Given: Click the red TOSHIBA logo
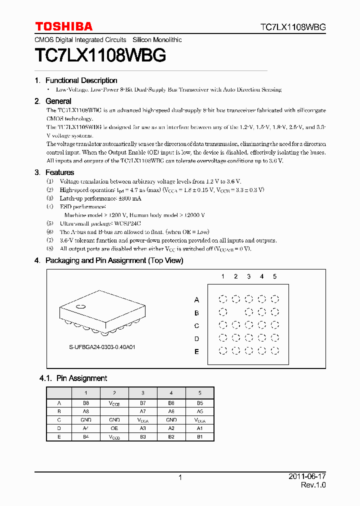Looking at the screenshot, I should click(63, 26).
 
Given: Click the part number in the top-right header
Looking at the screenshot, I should click(293, 27).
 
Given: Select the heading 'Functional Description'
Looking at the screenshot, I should click(81, 80).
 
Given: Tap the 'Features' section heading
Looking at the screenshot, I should click(59, 172).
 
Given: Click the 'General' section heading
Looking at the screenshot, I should click(58, 101).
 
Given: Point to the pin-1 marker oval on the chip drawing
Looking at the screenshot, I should click(80, 306).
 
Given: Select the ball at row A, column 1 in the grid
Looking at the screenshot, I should click(223, 299).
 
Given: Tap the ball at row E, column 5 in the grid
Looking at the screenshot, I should click(274, 351).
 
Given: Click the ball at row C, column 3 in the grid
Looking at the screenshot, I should click(248, 325).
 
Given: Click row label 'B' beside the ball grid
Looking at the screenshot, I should click(196, 313).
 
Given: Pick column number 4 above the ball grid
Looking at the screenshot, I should click(261, 276).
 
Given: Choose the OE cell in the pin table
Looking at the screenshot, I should click(114, 428).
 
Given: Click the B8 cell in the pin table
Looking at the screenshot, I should click(85, 402).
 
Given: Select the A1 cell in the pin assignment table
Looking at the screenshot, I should click(199, 428).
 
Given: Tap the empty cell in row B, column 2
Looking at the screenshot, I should click(114, 411).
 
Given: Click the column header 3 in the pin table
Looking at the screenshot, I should click(142, 393).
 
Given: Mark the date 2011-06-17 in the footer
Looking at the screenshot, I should click(307, 477).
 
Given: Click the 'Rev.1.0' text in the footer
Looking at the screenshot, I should click(313, 485).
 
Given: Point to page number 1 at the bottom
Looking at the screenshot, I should click(180, 477).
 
